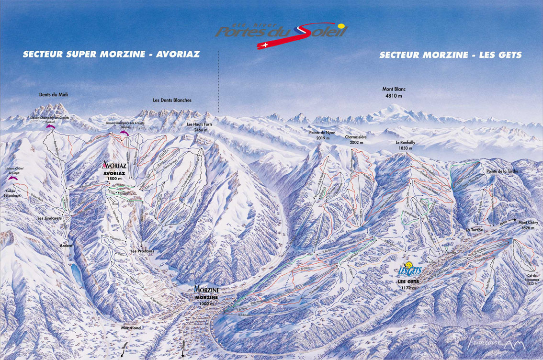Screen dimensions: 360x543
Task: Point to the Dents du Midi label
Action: tap(53, 95)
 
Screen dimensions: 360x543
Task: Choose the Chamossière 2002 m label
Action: tap(355, 139)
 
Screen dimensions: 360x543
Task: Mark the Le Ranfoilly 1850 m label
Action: tap(404, 146)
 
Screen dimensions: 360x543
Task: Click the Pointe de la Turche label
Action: tap(502, 171)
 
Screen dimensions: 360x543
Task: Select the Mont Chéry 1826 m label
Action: tap(526, 225)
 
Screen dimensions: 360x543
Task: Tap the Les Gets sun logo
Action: tap(409, 269)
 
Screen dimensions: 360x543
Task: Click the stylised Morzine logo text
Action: tap(206, 289)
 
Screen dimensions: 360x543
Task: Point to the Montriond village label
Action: tap(125, 328)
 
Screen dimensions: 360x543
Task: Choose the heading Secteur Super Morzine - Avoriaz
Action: tap(111, 54)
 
